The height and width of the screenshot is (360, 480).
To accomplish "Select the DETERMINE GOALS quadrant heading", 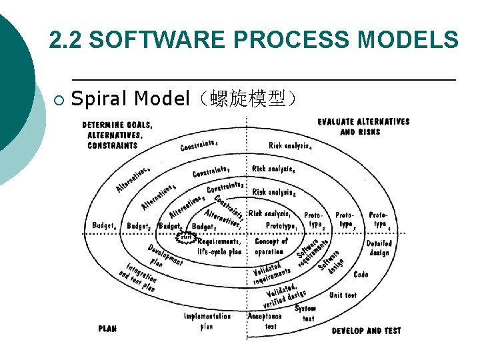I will tap(117, 135).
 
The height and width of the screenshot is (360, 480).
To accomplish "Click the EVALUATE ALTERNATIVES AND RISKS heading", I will tap(363, 127).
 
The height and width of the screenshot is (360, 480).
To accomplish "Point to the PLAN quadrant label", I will tap(107, 329).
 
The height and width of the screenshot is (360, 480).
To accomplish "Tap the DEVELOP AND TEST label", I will tap(366, 331).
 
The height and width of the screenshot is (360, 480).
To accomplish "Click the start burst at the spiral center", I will tap(186, 237).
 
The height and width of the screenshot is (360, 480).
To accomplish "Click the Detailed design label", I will tap(379, 249).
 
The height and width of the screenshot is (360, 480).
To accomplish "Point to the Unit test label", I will tap(343, 295).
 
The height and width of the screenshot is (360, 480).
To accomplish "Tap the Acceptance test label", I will tap(265, 321).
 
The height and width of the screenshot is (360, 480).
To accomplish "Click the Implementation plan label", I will tap(207, 321).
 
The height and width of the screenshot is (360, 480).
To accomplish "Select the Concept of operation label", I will tap(271, 246).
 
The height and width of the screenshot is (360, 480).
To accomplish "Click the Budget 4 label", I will tap(105, 227).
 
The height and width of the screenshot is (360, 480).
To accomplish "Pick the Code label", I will tap(361, 274).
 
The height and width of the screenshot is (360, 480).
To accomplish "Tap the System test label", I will tap(306, 314).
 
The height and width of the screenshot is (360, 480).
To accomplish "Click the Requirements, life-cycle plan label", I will tap(219, 247).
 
